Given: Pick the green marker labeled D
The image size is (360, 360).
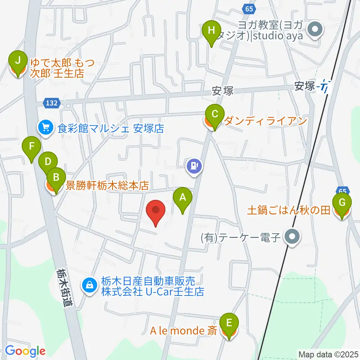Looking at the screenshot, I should (48, 162).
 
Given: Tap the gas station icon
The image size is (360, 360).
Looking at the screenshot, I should (194, 165).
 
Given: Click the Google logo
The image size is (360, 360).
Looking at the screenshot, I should (25, 351).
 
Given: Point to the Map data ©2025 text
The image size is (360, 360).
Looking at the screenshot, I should (328, 354).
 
